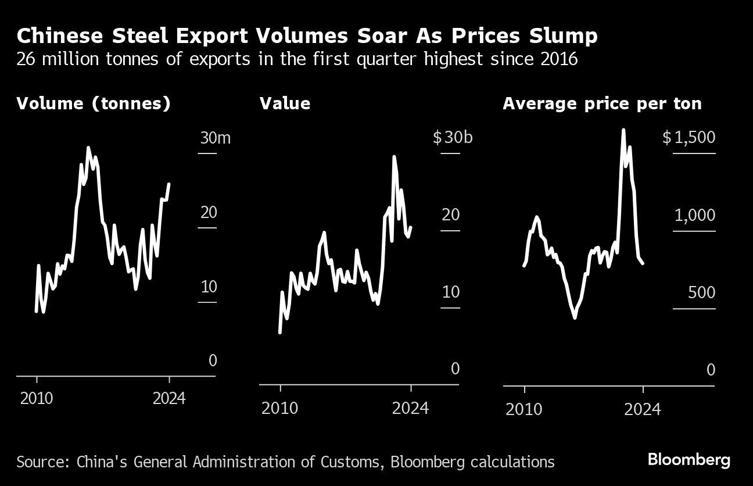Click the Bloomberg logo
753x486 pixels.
click(x=689, y=460)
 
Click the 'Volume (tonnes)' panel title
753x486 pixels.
click(x=94, y=103)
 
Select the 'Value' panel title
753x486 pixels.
click(x=285, y=103)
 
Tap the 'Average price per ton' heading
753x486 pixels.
click(x=602, y=103)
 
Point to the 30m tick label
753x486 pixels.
click(x=216, y=138)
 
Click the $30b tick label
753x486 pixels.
click(x=453, y=138)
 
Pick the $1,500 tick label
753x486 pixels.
click(x=689, y=138)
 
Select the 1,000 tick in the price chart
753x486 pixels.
click(x=694, y=215)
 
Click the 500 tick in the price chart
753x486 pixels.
click(x=701, y=292)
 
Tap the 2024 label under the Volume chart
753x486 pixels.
click(x=169, y=399)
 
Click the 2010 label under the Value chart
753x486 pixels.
click(x=280, y=408)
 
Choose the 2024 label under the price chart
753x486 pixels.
click(x=643, y=409)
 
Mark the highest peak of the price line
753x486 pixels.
click(x=623, y=130)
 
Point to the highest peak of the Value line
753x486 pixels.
click(x=394, y=156)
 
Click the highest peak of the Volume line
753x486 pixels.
click(x=88, y=148)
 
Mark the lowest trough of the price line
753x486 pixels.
click(x=575, y=317)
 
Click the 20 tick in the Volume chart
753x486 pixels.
click(x=209, y=212)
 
